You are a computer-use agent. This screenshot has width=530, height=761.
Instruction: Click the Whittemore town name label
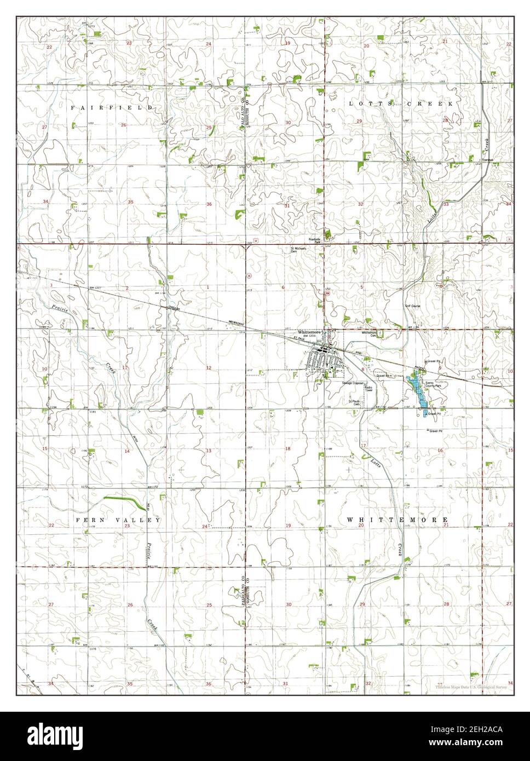coord(307,332)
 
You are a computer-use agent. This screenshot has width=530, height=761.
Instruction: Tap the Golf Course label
coord(412,306)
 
